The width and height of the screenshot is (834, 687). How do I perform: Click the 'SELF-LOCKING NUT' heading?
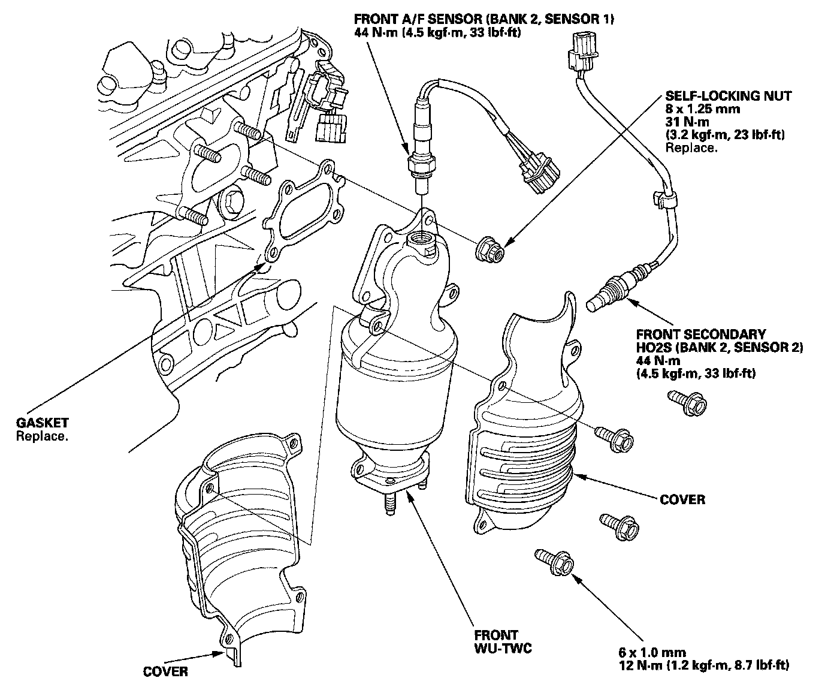point(728,96)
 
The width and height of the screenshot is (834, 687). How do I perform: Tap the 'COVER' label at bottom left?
point(165,671)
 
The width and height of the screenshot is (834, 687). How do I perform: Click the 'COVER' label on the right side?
point(682,499)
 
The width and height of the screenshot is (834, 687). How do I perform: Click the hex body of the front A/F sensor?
point(419,162)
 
